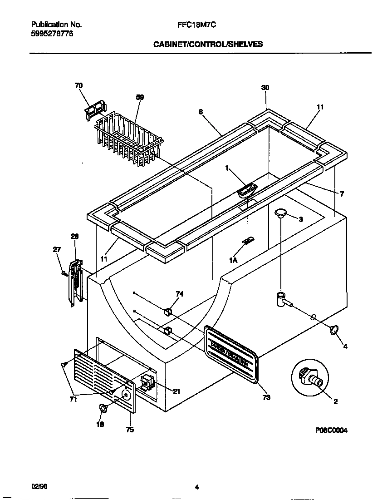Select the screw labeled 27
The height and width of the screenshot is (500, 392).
64,272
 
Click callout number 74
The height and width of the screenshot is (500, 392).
179,294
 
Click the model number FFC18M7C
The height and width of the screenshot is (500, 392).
196,26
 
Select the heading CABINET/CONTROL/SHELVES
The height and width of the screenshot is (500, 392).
208,45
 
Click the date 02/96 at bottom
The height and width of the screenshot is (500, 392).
39,486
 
